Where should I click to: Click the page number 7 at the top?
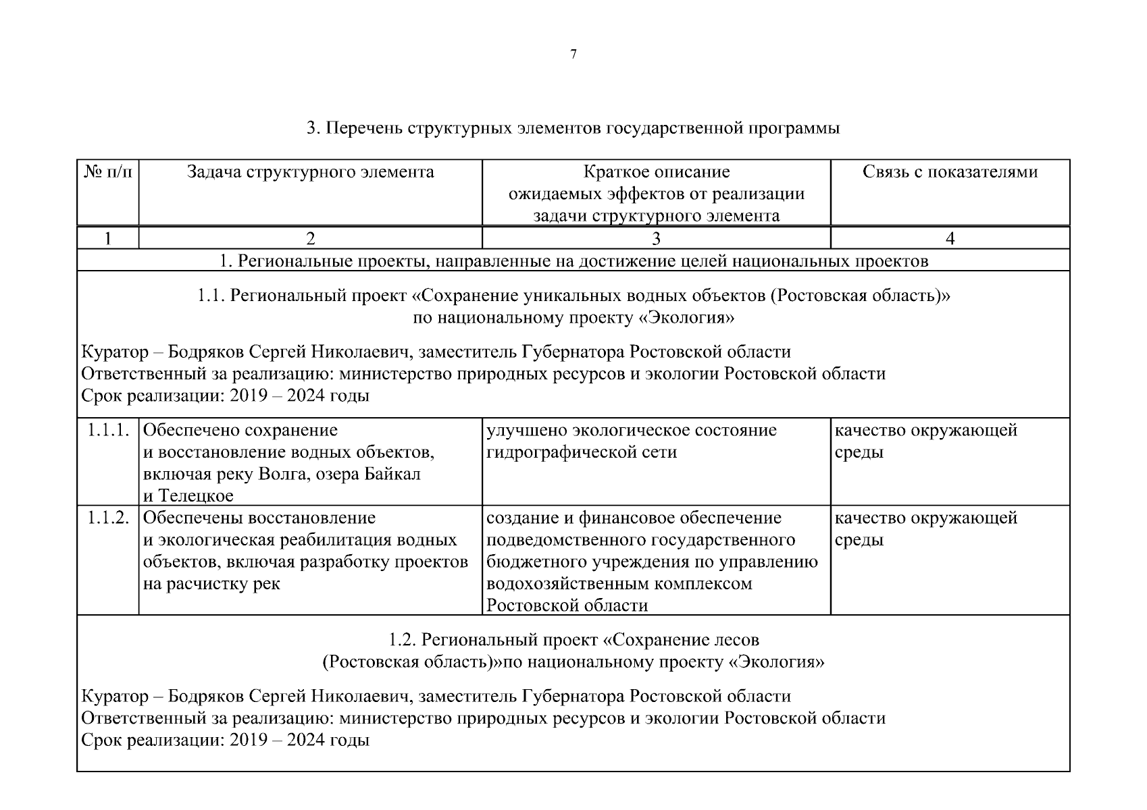point(573,55)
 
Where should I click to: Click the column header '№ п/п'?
point(108,172)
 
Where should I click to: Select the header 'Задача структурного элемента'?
point(310,172)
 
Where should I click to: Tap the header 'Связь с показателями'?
point(950,172)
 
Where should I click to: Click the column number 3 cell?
point(656,238)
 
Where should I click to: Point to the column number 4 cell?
point(950,238)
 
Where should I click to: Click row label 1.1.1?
point(108,430)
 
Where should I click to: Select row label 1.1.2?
point(108,518)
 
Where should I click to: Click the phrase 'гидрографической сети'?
point(582,452)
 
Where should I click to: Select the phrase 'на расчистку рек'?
point(211,584)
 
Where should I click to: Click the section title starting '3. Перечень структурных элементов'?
point(573,128)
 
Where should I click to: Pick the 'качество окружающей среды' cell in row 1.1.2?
point(925,529)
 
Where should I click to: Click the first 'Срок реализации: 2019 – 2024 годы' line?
point(225,396)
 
